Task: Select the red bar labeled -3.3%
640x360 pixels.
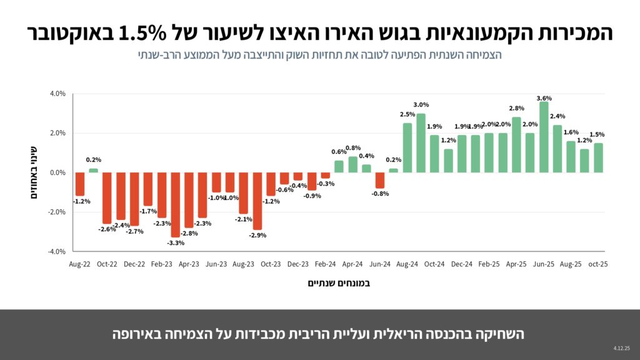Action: [176, 204]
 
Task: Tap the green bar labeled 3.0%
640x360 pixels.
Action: [421, 143]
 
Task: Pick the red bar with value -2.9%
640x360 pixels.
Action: [257, 201]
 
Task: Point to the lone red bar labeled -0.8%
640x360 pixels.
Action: [380, 180]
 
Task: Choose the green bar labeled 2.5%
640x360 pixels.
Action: [407, 147]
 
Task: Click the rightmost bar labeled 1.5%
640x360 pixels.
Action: [598, 157]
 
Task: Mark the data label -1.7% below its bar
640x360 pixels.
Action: [148, 211]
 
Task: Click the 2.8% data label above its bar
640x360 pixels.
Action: [516, 109]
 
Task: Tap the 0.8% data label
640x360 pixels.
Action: [353, 148]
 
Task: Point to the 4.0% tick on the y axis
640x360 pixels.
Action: [57, 94]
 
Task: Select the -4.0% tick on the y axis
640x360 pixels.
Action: [56, 251]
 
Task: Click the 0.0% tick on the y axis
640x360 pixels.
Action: [57, 172]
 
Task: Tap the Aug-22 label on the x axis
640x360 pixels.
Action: [79, 264]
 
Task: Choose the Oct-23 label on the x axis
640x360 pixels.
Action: [271, 264]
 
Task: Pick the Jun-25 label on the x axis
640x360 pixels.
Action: [544, 264]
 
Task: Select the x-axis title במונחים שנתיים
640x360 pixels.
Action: [339, 283]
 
